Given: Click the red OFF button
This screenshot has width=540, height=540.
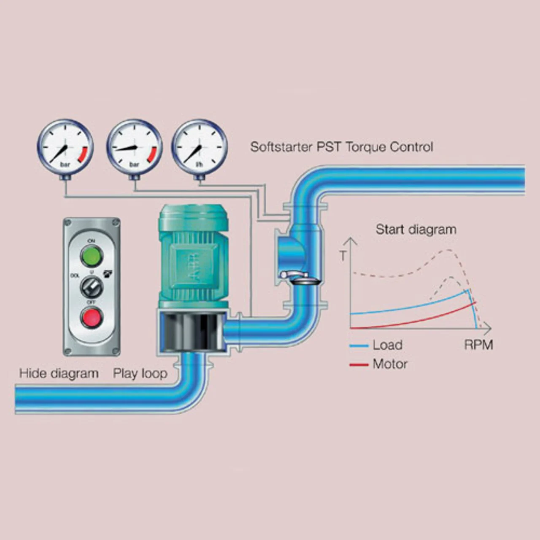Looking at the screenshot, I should [92, 317].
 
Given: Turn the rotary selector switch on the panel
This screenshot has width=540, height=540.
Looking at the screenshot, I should [92, 288].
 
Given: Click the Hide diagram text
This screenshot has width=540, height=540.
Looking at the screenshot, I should [59, 373].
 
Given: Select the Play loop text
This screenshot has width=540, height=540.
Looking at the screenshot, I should [140, 373].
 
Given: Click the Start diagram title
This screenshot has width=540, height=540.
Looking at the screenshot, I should [416, 229].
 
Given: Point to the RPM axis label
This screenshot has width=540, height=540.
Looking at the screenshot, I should [478, 345].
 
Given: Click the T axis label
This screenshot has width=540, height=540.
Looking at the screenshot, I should [343, 256].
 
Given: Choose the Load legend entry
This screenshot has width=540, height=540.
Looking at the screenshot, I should [387, 345].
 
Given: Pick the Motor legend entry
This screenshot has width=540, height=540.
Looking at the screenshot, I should [390, 364].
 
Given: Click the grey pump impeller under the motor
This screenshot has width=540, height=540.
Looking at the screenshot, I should [192, 332].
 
